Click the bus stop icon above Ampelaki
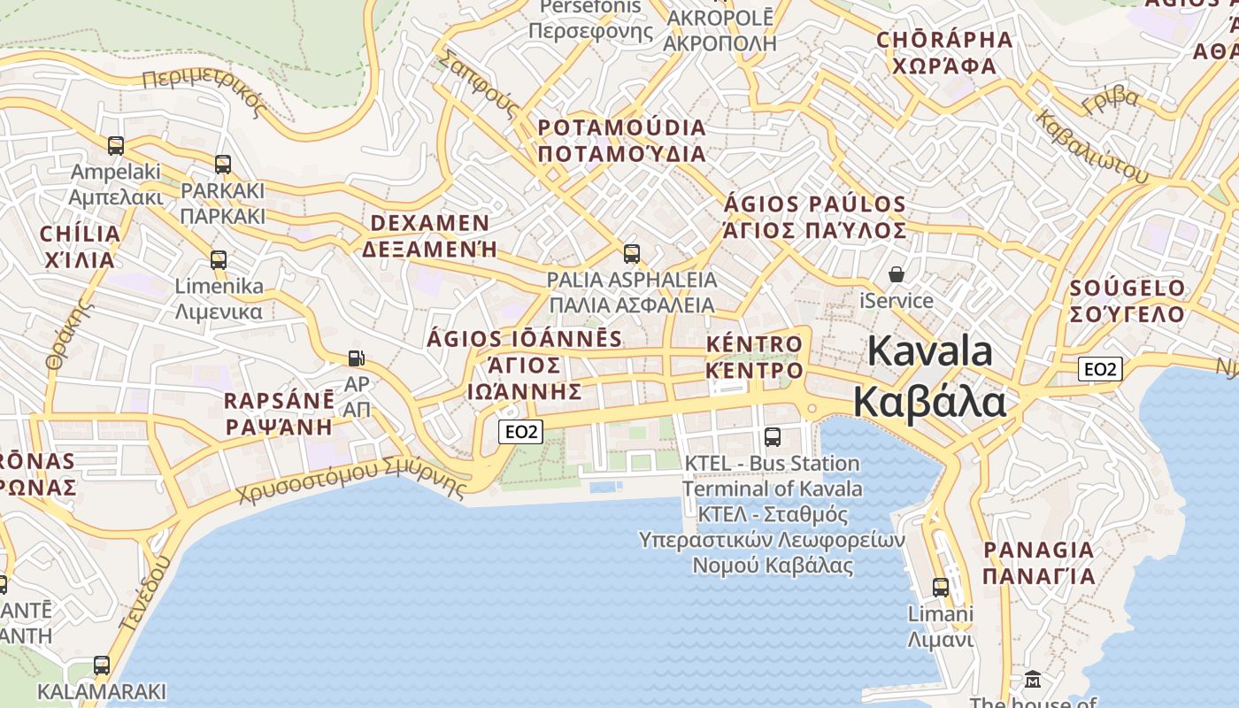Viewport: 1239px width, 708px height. (116, 145)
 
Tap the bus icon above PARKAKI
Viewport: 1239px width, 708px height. (223, 164)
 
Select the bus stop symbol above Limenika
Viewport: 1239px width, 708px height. (219, 259)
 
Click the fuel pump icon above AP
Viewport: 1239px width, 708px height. (356, 358)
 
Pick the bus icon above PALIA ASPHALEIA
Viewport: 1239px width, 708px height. (632, 254)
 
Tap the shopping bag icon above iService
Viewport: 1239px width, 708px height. (897, 274)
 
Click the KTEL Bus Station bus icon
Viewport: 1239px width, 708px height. (773, 436)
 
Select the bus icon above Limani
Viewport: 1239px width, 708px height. (941, 587)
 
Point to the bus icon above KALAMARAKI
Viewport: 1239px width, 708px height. (102, 665)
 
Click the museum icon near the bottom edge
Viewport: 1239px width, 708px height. (1033, 680)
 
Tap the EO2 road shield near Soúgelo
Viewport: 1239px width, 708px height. (1100, 369)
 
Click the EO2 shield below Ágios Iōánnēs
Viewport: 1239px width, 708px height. (520, 432)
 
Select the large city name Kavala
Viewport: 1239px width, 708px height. (930, 351)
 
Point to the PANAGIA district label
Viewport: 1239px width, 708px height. (1039, 550)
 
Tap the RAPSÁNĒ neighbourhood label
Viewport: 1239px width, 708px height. (279, 400)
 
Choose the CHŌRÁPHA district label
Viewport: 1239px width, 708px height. (944, 41)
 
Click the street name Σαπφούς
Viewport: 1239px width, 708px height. (479, 83)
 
